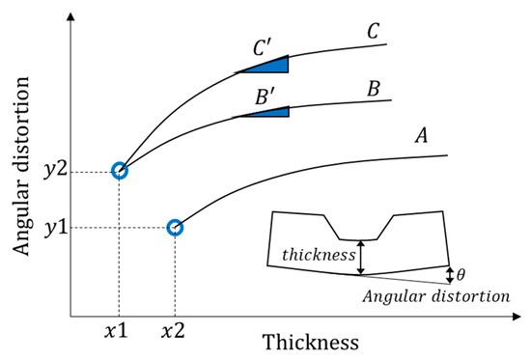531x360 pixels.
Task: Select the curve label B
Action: tap(372, 89)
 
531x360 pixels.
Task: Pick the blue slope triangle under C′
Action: tap(271, 65)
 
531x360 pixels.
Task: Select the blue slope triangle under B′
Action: tap(270, 114)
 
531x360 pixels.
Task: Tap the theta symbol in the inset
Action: tap(464, 275)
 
